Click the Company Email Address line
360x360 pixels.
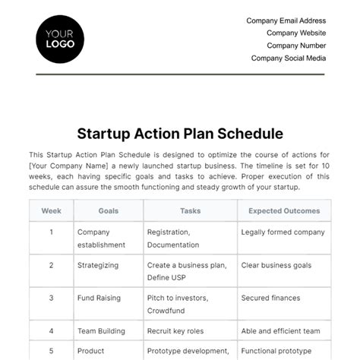click(286, 21)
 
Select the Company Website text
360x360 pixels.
click(296, 33)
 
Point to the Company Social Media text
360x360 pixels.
click(289, 58)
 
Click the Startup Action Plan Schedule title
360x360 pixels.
click(180, 134)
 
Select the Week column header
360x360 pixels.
click(52, 210)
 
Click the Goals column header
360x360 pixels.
click(109, 210)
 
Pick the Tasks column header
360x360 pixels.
click(191, 210)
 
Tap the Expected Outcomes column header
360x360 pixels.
click(284, 210)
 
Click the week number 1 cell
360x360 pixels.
click(52, 232)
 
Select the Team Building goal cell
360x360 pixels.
click(101, 331)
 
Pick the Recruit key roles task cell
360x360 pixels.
click(179, 331)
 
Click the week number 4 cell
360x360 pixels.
click(52, 331)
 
